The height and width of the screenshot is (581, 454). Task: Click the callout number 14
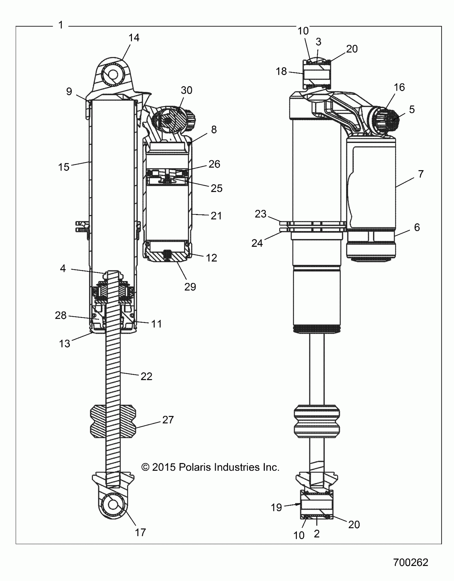[x=134, y=38]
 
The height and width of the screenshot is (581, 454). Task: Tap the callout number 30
[x=186, y=90]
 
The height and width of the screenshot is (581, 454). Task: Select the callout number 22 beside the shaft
[x=146, y=376]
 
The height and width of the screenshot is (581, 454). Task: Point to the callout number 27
[x=168, y=420]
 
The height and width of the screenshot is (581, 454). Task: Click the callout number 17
[x=140, y=533]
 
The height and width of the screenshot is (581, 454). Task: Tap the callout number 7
[x=421, y=174]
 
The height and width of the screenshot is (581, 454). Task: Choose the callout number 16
[x=399, y=87]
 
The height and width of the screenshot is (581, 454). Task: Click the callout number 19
[x=276, y=508]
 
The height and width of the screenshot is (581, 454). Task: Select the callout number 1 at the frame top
[x=61, y=25]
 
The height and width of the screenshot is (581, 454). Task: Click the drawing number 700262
[x=410, y=563]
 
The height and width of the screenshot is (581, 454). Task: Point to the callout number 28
[x=61, y=315]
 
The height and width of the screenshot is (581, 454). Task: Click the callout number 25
[x=216, y=188]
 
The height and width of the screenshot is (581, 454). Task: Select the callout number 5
[x=412, y=109]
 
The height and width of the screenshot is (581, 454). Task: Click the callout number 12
[x=211, y=258]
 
